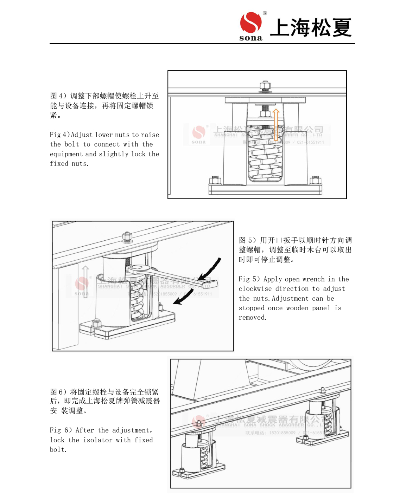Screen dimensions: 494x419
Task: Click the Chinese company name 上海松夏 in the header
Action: [x=311, y=28]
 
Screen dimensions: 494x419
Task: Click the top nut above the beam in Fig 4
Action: [x=265, y=86]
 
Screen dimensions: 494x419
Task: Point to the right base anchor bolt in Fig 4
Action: [x=315, y=181]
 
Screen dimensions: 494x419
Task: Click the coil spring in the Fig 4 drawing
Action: [x=265, y=155]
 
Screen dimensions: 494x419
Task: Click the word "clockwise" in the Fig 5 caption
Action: [x=255, y=289]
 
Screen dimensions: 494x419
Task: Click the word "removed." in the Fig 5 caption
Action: [x=252, y=318]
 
